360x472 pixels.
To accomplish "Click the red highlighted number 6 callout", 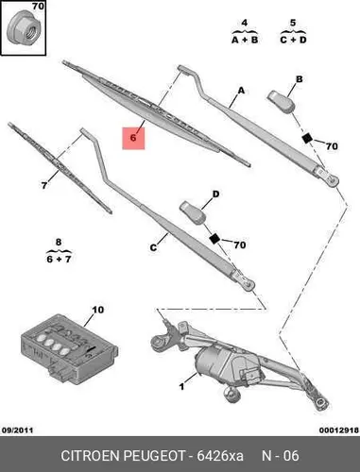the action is point(133,138).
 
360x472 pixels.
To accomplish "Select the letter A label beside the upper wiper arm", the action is point(241,91).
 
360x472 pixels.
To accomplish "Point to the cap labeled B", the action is point(282,101).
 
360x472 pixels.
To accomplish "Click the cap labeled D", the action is point(193,213).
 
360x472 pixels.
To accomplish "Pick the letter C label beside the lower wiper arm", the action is point(153,248).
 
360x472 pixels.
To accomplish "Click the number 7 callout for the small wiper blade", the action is point(44,185).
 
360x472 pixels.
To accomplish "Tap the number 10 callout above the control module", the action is point(97,310).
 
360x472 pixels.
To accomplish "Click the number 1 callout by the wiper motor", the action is point(181,386).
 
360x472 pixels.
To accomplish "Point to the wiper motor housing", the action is point(217,366).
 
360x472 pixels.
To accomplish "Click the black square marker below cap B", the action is point(307,138).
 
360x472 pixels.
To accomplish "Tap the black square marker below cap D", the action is point(214,239).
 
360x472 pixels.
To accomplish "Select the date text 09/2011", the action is point(18,430).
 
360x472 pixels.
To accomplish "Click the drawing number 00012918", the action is point(339,430).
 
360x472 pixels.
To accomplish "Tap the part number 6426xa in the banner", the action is point(220,456).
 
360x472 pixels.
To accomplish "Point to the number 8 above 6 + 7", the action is point(59,243).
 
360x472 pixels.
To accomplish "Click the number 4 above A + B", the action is point(245,23).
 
